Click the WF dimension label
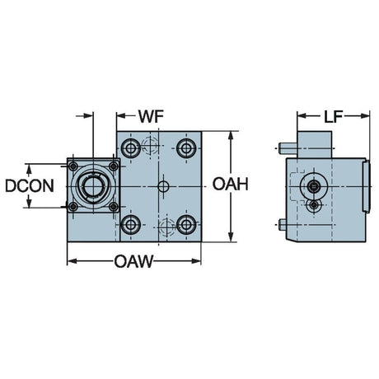(x=151, y=116)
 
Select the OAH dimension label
(x=231, y=184)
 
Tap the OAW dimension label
(x=133, y=261)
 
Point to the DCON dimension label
(x=30, y=185)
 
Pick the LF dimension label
(x=333, y=117)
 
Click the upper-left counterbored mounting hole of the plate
(x=131, y=148)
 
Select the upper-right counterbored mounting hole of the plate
(x=186, y=148)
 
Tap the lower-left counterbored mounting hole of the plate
(x=131, y=225)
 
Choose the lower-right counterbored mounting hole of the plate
(x=186, y=225)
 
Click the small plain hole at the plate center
(x=163, y=187)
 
